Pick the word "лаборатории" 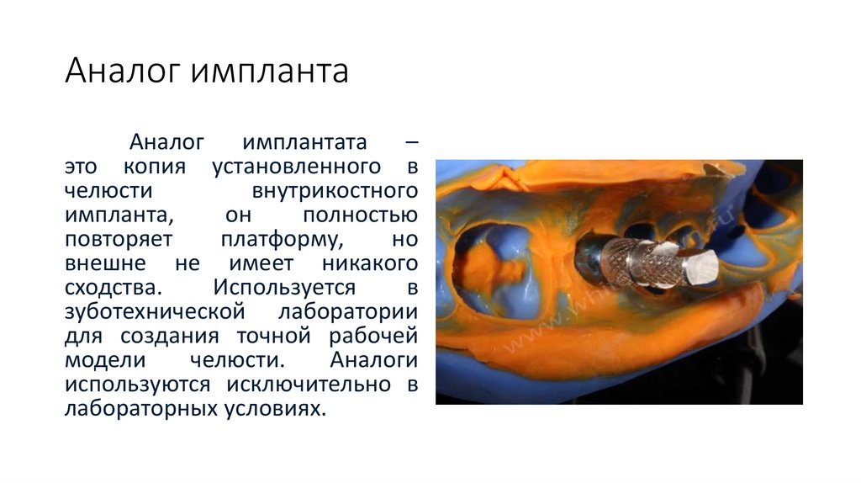pyautogui.click(x=348, y=311)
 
